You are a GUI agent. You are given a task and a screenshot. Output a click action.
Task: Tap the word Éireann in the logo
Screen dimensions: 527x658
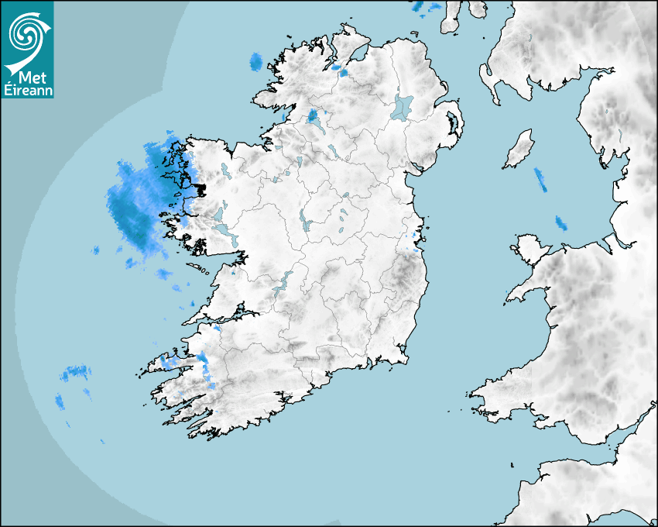point(29,91)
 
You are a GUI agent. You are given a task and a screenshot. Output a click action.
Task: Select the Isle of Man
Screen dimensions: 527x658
point(519,149)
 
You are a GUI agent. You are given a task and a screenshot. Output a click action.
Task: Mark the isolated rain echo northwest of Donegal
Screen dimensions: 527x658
point(255,61)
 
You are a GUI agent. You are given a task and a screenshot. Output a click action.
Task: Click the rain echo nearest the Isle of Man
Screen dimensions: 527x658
point(540,180)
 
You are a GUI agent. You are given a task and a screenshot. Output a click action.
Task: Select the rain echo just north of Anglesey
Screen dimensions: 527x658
point(560,223)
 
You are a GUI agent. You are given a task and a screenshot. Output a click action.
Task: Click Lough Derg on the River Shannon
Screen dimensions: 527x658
point(283,280)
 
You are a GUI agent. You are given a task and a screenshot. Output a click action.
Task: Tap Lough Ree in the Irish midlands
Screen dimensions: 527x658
point(306,222)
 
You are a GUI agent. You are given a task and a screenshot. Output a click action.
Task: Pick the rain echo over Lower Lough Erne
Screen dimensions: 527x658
point(314,117)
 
